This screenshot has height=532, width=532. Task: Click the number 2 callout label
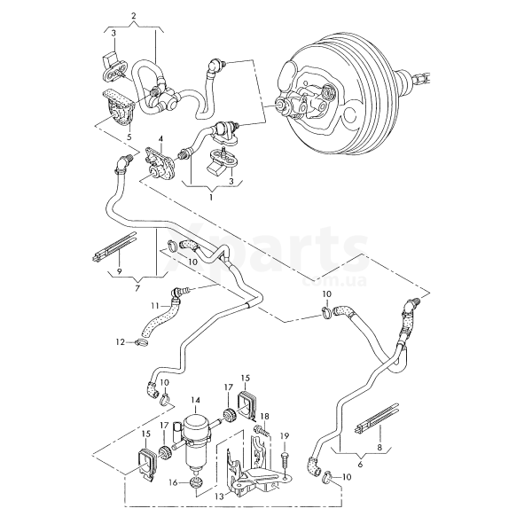click(x=133, y=17)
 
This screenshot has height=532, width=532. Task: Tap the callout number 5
click(x=129, y=137)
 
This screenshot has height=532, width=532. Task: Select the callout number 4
click(x=160, y=139)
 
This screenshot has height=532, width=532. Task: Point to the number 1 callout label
click(x=211, y=197)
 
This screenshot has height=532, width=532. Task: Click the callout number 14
click(x=195, y=401)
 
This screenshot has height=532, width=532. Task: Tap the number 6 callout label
click(x=360, y=464)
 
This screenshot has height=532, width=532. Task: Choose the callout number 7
click(x=137, y=288)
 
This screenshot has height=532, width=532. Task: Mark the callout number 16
click(x=173, y=483)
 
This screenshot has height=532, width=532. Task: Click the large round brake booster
click(x=337, y=98)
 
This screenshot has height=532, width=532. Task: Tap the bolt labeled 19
click(x=286, y=458)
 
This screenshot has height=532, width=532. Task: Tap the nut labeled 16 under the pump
click(x=197, y=482)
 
